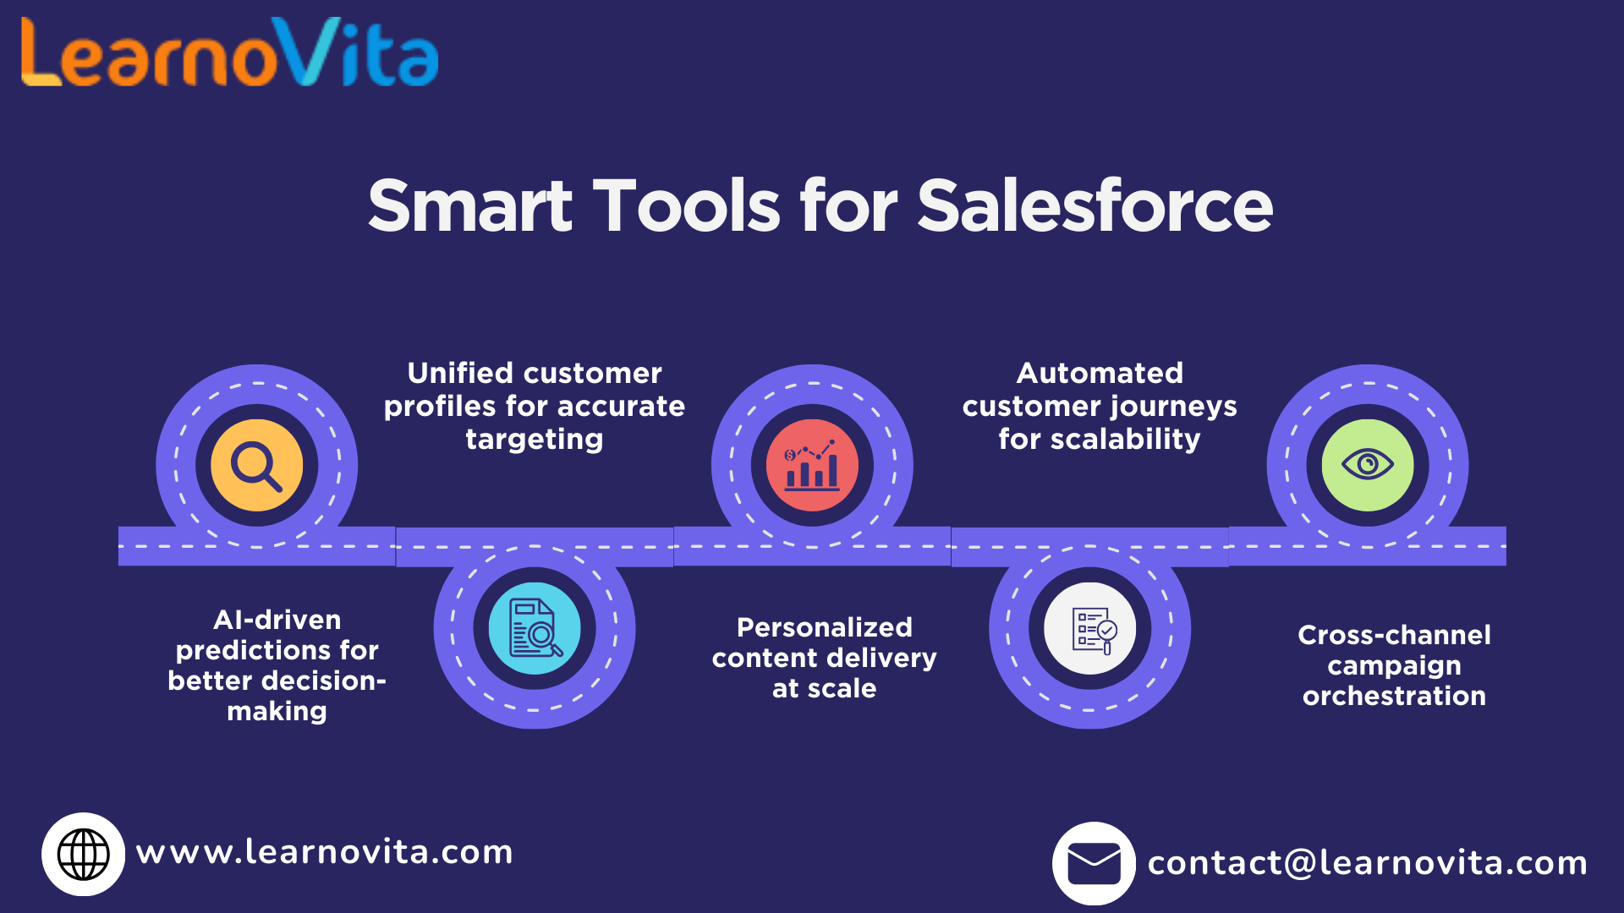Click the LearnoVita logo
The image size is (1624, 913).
point(229,53)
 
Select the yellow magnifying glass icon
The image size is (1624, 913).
point(256,465)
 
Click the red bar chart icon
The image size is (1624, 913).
point(812,465)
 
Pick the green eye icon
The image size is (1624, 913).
point(1367,465)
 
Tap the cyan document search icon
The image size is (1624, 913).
point(535,628)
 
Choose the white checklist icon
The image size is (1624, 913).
point(1090,628)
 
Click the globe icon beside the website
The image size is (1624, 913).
point(83,854)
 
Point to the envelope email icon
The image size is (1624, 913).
point(1094,863)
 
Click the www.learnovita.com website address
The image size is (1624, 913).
point(325,852)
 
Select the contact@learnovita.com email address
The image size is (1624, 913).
point(1367,863)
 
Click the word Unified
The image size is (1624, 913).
point(459,373)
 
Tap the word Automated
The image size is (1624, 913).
point(1100,373)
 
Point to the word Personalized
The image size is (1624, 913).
point(825,627)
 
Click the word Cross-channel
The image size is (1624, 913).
point(1394,635)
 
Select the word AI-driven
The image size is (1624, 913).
point(277,620)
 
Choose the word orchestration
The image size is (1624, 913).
point(1394,696)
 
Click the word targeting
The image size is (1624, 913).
point(535,440)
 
